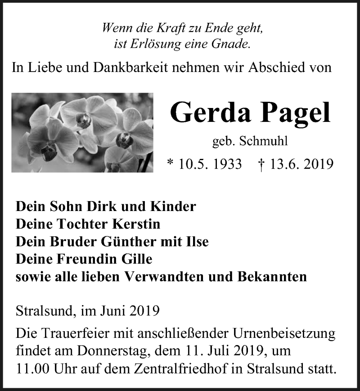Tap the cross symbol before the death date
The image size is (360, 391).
point(262,163)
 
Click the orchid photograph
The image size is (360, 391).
point(82,132)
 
